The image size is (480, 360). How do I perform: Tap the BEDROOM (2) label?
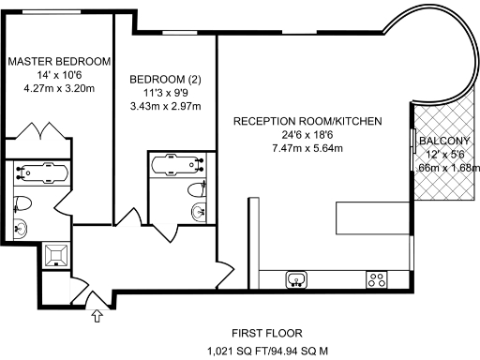[x=165, y=78]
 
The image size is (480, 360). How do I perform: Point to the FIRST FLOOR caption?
[x=267, y=333]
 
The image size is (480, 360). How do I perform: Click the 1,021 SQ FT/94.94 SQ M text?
[x=267, y=352]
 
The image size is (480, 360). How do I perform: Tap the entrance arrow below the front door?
[x=96, y=317]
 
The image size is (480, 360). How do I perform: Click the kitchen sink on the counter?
[x=297, y=278]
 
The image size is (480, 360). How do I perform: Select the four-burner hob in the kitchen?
[x=377, y=278]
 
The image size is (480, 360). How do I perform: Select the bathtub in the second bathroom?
[x=177, y=163]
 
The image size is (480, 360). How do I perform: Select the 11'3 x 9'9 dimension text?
[x=165, y=94]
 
